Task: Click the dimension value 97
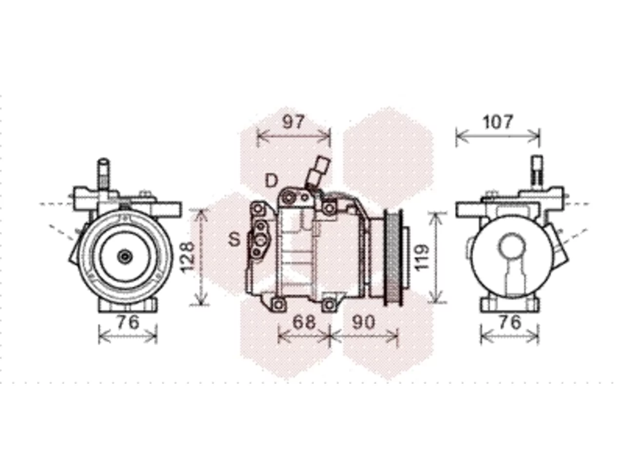[x=293, y=122]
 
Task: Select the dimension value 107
[x=498, y=122]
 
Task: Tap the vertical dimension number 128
[x=188, y=258]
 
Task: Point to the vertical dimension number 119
[x=422, y=257]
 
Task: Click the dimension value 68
[x=304, y=322]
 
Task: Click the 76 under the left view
[x=128, y=322]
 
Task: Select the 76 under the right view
[x=510, y=322]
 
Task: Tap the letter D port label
[x=271, y=180]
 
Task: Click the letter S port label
[x=234, y=239]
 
